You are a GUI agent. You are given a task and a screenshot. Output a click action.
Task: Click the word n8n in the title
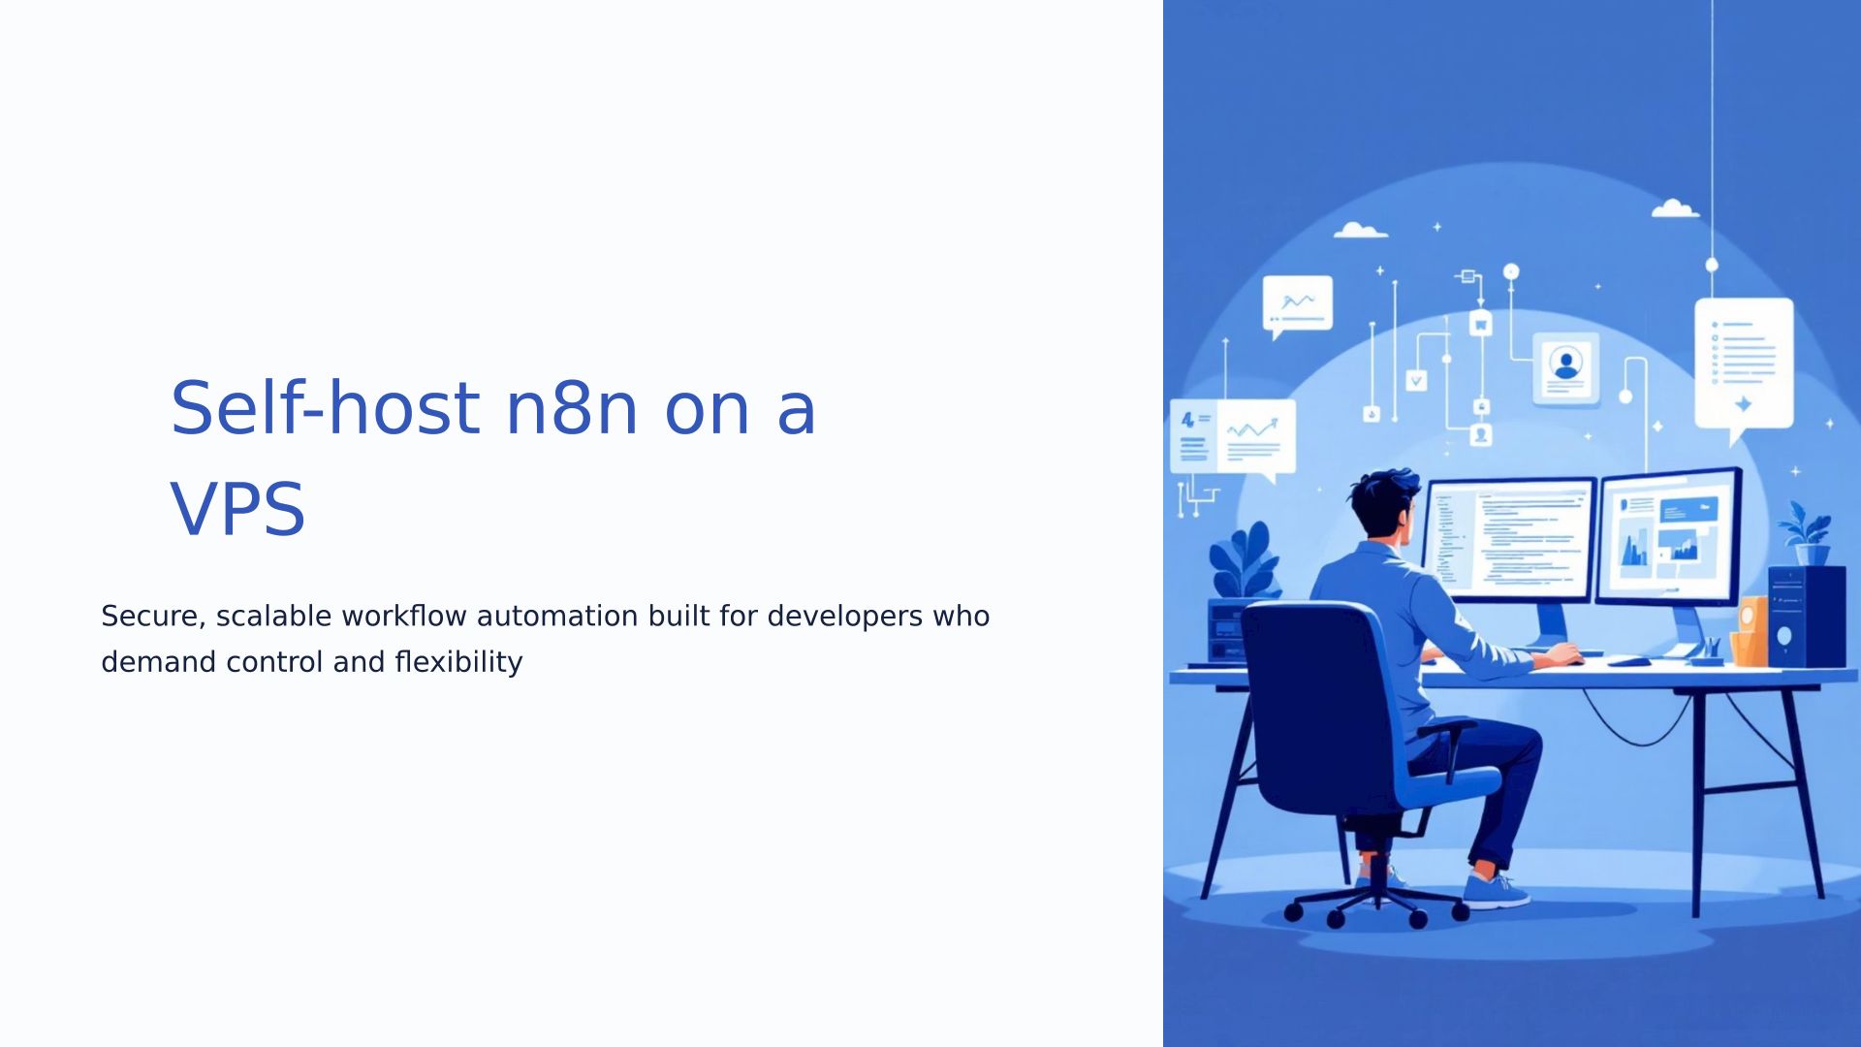(571, 408)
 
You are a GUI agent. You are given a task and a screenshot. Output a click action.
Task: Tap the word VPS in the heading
(237, 509)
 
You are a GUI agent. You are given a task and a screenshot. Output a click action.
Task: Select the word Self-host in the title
(325, 407)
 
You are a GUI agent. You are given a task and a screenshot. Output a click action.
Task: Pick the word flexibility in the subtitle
(458, 663)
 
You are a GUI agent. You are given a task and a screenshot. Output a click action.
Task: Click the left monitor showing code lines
(1508, 540)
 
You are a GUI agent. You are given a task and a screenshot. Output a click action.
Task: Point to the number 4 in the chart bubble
(1187, 420)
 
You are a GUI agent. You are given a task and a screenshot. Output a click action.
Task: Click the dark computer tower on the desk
(1807, 617)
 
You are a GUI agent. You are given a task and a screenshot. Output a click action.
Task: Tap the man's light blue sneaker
(1496, 890)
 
